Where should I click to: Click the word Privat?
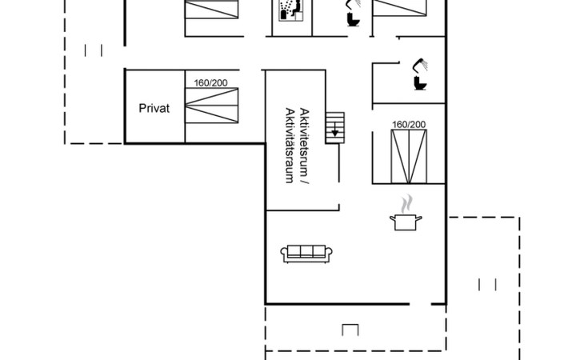(x=154, y=108)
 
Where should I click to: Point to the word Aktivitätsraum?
(x=290, y=145)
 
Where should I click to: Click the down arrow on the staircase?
(x=335, y=129)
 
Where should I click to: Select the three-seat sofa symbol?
(x=306, y=254)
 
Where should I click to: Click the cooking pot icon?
(x=406, y=222)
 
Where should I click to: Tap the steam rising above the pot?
(x=406, y=203)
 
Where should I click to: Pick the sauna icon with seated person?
(x=292, y=10)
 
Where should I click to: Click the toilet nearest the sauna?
(x=353, y=19)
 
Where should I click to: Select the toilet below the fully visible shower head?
(x=421, y=82)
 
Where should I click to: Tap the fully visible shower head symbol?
(x=420, y=65)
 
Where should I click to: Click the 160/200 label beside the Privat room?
(x=210, y=83)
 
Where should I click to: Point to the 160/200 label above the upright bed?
(x=409, y=124)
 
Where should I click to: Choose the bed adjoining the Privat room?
(x=212, y=106)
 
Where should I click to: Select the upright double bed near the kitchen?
(x=409, y=156)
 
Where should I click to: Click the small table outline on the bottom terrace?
(x=350, y=330)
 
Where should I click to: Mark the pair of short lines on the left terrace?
(x=94, y=50)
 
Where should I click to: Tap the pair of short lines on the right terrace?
(x=487, y=285)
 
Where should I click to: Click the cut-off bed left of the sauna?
(x=212, y=10)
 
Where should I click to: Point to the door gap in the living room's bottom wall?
(x=421, y=304)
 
